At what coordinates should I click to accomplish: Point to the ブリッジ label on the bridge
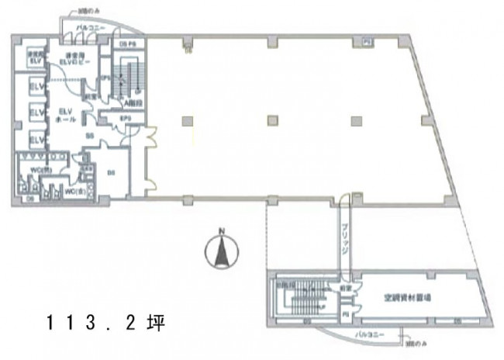[343, 241]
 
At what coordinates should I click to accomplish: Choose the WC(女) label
[74, 191]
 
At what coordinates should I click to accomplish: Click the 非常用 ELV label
[34, 58]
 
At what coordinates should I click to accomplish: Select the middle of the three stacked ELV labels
[34, 112]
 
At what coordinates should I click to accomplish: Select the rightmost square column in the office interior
[355, 119]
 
